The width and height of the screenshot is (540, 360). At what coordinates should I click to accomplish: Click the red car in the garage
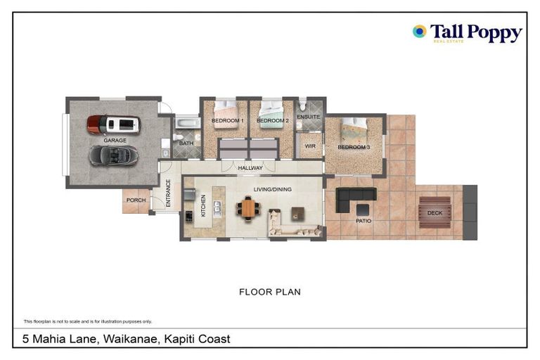(x=113, y=124)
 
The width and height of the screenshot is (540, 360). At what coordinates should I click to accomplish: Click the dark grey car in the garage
(x=113, y=155)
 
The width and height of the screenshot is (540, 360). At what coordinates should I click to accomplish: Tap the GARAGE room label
(x=115, y=141)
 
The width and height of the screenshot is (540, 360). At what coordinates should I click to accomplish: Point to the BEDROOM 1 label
(x=227, y=121)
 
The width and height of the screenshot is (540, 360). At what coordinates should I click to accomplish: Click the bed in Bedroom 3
(x=354, y=127)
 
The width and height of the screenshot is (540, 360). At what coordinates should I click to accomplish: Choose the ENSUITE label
(x=308, y=117)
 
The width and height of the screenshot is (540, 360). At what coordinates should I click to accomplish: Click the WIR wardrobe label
(x=309, y=146)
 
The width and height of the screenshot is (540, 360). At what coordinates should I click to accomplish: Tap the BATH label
(x=186, y=143)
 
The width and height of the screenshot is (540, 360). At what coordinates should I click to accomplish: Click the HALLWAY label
(x=250, y=168)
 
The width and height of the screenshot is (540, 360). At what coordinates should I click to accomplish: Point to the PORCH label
(x=136, y=200)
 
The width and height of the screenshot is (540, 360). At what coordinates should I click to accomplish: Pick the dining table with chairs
(x=247, y=209)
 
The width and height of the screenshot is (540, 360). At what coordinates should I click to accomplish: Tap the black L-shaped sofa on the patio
(x=352, y=199)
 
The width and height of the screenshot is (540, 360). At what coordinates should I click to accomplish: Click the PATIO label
(x=363, y=221)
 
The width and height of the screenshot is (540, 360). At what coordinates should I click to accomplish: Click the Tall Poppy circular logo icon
(x=420, y=31)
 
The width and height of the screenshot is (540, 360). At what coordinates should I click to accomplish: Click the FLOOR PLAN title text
(x=270, y=291)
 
